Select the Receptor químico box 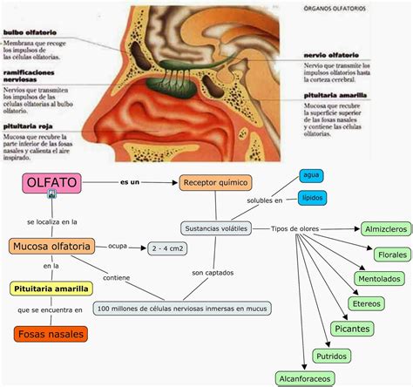click(x=215, y=183)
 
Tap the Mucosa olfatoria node click(x=51, y=248)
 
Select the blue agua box click(x=312, y=175)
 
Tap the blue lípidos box click(x=312, y=198)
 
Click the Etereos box click(x=365, y=303)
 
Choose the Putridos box click(x=333, y=356)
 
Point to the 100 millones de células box click(x=183, y=309)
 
